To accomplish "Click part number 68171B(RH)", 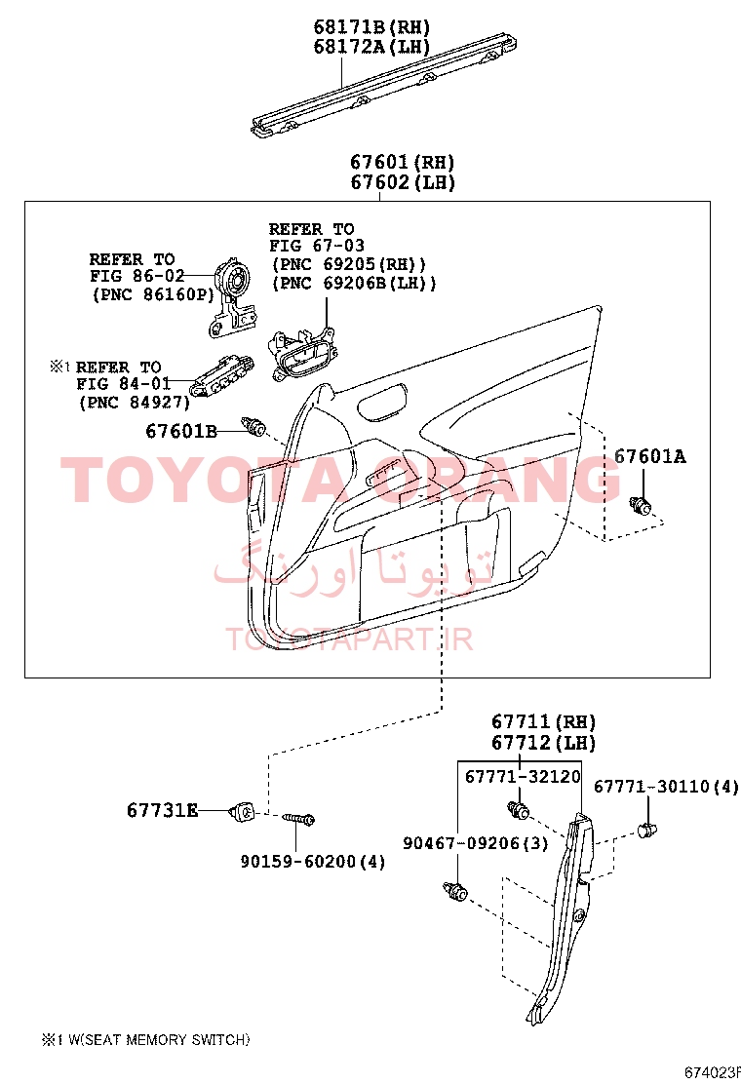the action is pos(371,27).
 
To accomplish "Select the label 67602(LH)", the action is pos(403,182).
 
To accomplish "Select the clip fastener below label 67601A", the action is pos(640,505).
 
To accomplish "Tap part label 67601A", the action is pos(650,456).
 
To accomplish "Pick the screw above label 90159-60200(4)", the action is pos(298,819).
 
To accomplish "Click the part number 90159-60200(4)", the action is pos(312,862).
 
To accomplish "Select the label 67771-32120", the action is pos(523,776).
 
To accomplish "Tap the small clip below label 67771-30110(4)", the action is pos(646,829).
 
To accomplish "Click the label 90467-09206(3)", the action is pos(476,842).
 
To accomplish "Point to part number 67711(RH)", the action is pos(543,721).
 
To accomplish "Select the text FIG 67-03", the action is pos(317,246).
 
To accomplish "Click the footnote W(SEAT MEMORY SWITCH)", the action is pos(159,1040).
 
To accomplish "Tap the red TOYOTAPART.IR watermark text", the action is pos(349,639).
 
